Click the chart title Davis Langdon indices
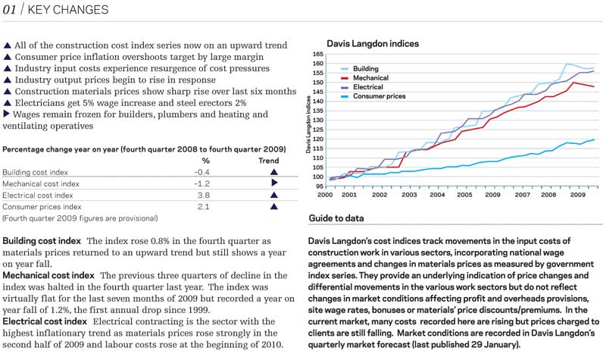(373, 44)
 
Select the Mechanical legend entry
(370, 78)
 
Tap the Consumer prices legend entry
(380, 96)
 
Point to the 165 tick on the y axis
(318, 54)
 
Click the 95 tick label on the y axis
(319, 186)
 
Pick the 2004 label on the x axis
(437, 195)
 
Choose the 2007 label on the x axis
(522, 195)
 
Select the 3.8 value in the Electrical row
(204, 196)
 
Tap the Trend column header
(269, 161)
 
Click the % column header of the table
(205, 161)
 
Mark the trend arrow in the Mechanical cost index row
(274, 183)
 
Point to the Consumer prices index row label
(42, 207)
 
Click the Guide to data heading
(336, 218)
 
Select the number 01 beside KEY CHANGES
(9, 10)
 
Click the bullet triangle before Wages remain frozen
(6, 114)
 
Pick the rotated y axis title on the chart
(308, 124)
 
